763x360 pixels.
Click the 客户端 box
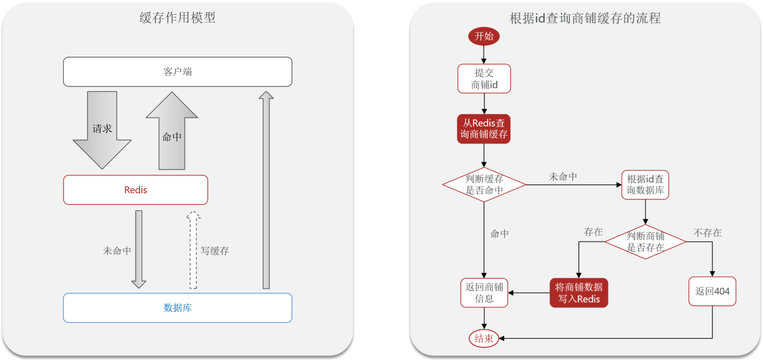pyautogui.click(x=178, y=72)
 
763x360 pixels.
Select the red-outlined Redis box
pyautogui.click(x=136, y=190)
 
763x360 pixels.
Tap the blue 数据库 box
pyautogui.click(x=178, y=308)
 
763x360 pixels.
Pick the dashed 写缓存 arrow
pyautogui.click(x=193, y=250)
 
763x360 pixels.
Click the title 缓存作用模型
pyautogui.click(x=178, y=18)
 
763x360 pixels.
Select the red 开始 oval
pyautogui.click(x=484, y=36)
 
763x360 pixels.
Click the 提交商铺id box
pyautogui.click(x=484, y=79)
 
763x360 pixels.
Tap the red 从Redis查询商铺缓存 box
pyautogui.click(x=484, y=129)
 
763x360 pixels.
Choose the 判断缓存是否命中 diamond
pyautogui.click(x=484, y=185)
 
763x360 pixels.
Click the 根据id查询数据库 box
pyautogui.click(x=645, y=185)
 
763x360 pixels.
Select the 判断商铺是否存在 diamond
pyautogui.click(x=645, y=242)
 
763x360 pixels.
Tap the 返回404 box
pyautogui.click(x=712, y=291)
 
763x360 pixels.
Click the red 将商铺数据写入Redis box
pyautogui.click(x=579, y=293)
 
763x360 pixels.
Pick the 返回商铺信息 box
pyautogui.click(x=484, y=293)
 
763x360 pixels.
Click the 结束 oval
pyautogui.click(x=484, y=338)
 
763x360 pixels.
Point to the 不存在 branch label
pyautogui.click(x=707, y=233)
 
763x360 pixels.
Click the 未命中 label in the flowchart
pyautogui.click(x=563, y=177)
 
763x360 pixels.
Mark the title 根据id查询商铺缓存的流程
pyautogui.click(x=585, y=18)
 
